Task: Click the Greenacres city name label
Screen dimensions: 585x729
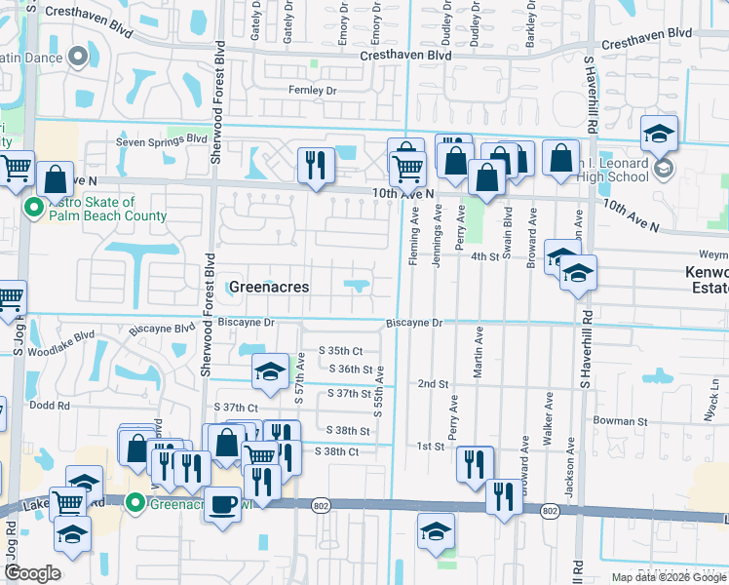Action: [268, 287]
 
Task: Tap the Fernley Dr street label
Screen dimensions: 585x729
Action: [312, 91]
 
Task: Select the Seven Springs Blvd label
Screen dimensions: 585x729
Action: [162, 140]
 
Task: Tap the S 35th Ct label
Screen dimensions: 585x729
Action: [341, 351]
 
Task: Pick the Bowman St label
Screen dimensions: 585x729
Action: [621, 421]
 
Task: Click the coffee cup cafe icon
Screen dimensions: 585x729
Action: [223, 504]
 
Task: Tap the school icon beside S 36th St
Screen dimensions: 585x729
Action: [270, 370]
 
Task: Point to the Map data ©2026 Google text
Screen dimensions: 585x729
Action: [668, 577]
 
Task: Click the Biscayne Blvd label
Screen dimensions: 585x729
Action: [166, 329]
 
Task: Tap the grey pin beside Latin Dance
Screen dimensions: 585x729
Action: [79, 58]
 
